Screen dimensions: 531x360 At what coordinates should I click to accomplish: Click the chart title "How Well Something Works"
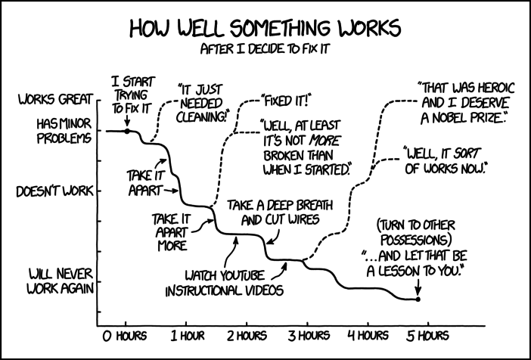coord(265,29)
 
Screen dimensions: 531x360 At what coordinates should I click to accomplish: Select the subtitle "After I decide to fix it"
coord(265,49)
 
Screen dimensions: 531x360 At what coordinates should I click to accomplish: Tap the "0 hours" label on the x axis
coord(125,336)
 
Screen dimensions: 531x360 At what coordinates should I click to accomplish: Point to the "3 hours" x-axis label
coord(309,336)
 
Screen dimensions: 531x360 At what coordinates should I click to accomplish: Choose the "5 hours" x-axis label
coord(428,336)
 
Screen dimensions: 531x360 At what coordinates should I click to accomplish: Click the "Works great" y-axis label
coord(55,100)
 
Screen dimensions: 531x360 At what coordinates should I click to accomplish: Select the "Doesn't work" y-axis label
coord(55,191)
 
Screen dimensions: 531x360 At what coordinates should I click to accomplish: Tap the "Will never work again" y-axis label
coord(61,281)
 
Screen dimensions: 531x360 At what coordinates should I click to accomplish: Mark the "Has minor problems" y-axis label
coord(64,132)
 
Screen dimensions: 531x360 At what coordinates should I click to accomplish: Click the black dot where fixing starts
coord(127,131)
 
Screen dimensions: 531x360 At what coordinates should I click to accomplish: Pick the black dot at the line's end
coord(418,299)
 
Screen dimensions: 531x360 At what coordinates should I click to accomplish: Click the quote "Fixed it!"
coord(285,101)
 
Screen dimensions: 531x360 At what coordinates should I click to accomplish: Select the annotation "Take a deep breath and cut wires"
coord(280,213)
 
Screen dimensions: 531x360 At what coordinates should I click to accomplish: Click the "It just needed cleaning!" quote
coord(201,104)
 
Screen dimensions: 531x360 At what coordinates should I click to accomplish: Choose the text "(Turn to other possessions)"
coord(416,233)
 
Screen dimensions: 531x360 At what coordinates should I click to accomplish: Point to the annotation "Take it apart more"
coord(172,232)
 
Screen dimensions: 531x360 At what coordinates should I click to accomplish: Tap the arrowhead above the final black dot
coord(418,292)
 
